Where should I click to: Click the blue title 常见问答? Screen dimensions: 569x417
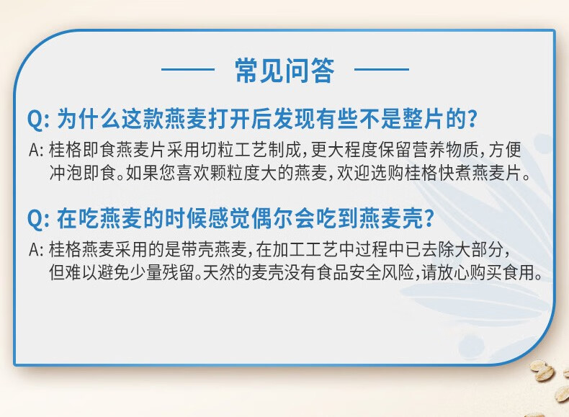click(x=284, y=71)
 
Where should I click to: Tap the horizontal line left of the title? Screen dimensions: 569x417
click(x=188, y=69)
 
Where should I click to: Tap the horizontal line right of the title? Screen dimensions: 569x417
click(x=382, y=69)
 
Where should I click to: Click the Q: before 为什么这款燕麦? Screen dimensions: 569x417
click(x=37, y=119)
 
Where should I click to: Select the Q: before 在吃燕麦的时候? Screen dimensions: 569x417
click(x=37, y=219)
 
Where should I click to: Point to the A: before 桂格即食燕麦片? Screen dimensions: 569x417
click(x=36, y=150)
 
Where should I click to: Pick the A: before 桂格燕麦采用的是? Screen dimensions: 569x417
click(x=36, y=250)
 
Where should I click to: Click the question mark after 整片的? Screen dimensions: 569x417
click(x=472, y=119)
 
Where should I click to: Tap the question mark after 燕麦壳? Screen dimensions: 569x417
click(x=429, y=218)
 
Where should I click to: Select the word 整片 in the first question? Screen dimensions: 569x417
click(x=424, y=119)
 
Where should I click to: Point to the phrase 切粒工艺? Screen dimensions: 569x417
click(x=234, y=150)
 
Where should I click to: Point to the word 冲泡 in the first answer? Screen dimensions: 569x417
click(x=66, y=173)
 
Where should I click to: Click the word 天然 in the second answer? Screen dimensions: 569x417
click(x=219, y=272)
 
